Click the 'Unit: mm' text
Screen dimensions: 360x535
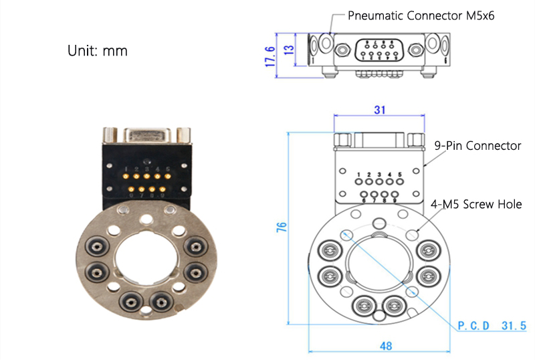click(97, 50)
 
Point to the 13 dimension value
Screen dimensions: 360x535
click(289, 52)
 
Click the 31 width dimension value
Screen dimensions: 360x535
click(379, 110)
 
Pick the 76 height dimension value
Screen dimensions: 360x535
click(282, 227)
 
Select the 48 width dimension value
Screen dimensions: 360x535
click(386, 346)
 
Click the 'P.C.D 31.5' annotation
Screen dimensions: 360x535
click(492, 326)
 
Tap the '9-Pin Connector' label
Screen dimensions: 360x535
click(477, 145)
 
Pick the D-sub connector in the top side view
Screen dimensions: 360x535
click(379, 50)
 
